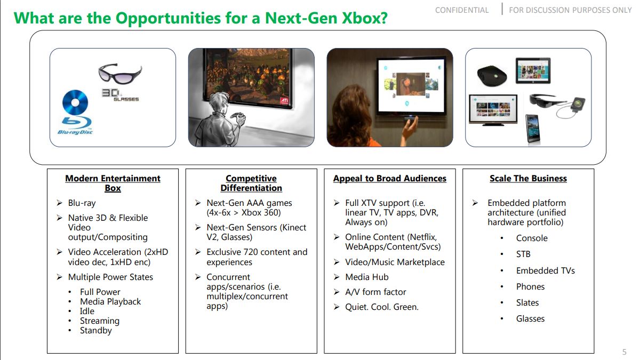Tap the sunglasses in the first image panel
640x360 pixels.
point(119,74)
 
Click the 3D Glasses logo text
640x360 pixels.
point(119,94)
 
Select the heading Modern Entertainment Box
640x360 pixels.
point(113,183)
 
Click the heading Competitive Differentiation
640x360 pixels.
point(251,183)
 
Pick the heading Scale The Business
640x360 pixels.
point(528,179)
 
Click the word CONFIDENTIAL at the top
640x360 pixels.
point(462,10)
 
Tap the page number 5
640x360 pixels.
point(625,352)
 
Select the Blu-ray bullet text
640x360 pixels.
point(82,203)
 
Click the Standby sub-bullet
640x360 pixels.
point(96,331)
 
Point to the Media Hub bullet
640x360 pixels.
point(366,277)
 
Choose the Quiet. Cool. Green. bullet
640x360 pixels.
point(381,307)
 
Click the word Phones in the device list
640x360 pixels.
point(530,287)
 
